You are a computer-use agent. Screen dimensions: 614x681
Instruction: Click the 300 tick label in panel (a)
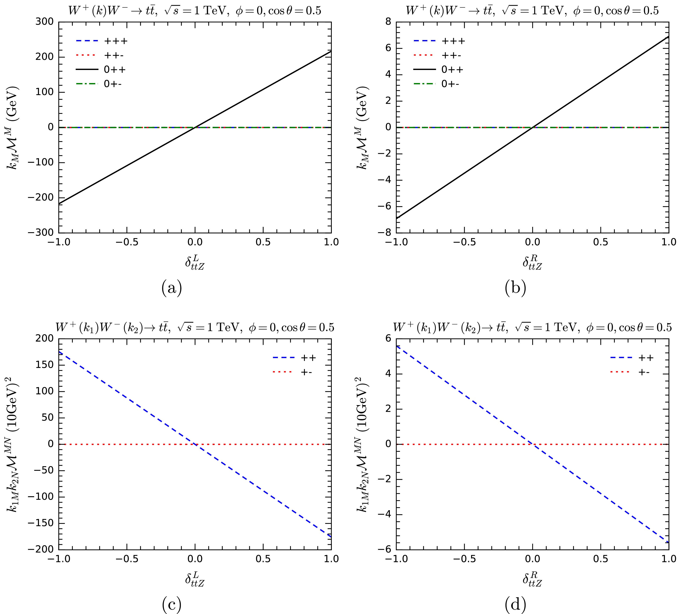click(x=44, y=22)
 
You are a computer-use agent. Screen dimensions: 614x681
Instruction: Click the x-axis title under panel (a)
click(x=195, y=262)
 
